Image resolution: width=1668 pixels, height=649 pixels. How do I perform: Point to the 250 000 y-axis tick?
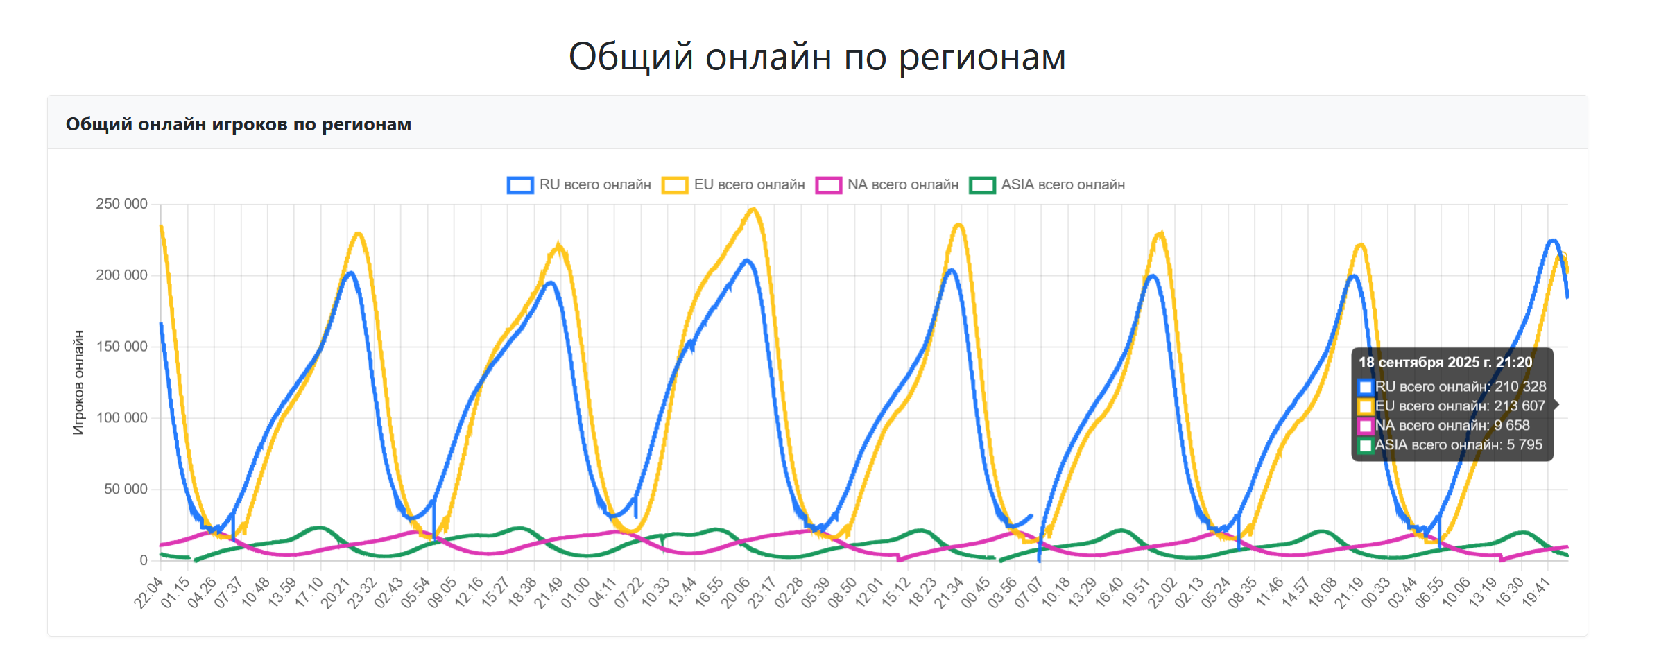pos(121,204)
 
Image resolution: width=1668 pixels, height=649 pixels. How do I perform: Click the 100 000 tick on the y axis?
pos(121,417)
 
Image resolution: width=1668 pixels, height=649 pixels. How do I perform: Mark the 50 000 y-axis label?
pos(125,489)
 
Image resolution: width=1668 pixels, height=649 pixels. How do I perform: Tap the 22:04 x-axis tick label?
pos(148,594)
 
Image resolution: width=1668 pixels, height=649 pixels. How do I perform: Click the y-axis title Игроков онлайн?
pos(78,382)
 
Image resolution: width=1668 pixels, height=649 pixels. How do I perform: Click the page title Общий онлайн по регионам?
pos(817,56)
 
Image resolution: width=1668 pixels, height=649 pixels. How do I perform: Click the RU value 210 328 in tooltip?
pos(1520,387)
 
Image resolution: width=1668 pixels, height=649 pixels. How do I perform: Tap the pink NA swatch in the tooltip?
pos(1366,426)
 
